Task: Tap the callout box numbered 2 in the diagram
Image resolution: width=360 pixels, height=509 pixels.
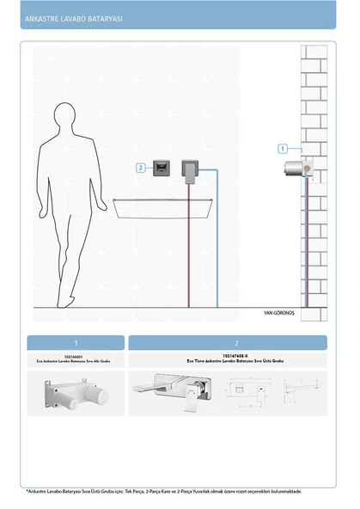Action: click(x=141, y=168)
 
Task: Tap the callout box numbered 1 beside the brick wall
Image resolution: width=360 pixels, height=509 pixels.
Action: click(x=283, y=149)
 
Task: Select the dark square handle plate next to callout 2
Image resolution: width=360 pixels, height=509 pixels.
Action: click(x=160, y=168)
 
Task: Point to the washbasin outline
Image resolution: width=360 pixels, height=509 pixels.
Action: click(x=163, y=206)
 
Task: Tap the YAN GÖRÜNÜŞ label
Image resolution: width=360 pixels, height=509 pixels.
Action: click(x=278, y=313)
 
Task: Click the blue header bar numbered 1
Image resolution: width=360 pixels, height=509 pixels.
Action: click(x=76, y=342)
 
